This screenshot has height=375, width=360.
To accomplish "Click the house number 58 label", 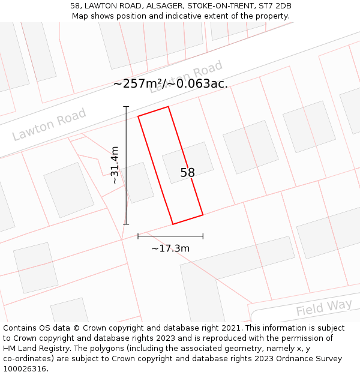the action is click(x=187, y=173).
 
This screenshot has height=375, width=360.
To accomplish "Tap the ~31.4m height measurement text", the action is click(x=115, y=165).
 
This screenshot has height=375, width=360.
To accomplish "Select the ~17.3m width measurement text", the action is click(x=170, y=248).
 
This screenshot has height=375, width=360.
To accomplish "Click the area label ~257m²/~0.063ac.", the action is click(x=170, y=84).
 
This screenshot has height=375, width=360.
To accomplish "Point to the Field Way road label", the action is click(x=324, y=308).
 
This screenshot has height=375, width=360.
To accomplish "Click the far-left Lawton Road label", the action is click(x=49, y=124).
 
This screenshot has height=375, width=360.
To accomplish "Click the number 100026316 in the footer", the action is click(x=25, y=369).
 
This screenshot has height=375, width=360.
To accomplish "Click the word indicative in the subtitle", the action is click(x=203, y=16).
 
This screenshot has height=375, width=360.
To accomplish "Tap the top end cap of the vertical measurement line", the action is click(x=126, y=107).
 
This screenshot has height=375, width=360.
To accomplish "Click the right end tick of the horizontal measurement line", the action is click(x=203, y=236).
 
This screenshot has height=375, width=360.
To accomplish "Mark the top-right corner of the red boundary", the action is click(x=168, y=107).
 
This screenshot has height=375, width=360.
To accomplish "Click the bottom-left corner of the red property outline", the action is click(x=173, y=224).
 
